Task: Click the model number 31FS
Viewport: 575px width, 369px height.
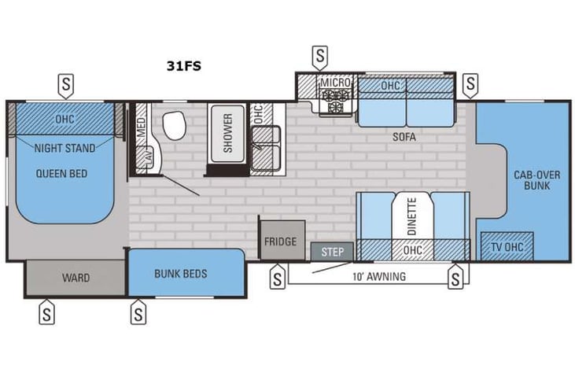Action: [x=184, y=66]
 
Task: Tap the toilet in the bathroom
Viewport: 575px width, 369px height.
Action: [x=173, y=123]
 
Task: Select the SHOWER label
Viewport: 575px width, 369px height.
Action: [x=227, y=131]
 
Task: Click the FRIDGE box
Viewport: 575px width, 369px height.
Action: [x=280, y=241]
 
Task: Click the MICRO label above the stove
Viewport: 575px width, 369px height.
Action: [x=334, y=83]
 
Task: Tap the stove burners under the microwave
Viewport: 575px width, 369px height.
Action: [x=335, y=100]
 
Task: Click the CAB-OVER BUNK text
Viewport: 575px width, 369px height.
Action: [x=532, y=180]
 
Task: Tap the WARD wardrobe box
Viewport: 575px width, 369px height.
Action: [x=76, y=278]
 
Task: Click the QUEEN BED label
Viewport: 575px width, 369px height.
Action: [x=61, y=173]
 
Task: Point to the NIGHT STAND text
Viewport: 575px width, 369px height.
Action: [x=65, y=147]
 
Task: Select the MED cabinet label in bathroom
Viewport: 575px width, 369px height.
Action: [x=142, y=129]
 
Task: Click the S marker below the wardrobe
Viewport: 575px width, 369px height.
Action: [x=47, y=313]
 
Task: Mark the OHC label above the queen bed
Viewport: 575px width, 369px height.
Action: [x=65, y=119]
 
